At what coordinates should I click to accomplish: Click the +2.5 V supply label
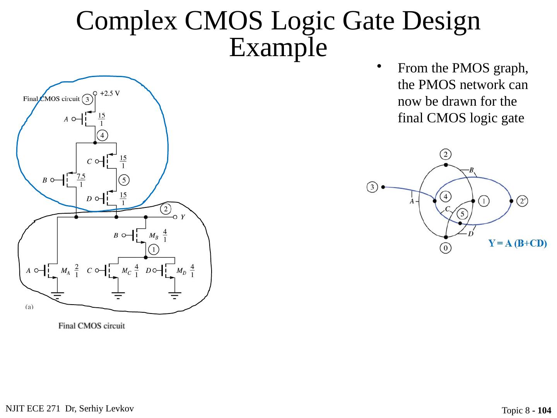point(110,93)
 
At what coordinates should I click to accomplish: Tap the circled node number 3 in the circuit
point(87,100)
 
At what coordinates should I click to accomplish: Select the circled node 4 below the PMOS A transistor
point(102,135)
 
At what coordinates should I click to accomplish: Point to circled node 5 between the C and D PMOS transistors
point(123,180)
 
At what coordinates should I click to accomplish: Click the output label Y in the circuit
point(183,217)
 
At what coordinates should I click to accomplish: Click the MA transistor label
point(65,271)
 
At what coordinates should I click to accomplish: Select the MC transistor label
point(126,271)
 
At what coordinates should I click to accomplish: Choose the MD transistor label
point(181,271)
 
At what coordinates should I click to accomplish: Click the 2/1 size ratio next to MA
point(77,271)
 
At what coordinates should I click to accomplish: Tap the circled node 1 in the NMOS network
point(154,250)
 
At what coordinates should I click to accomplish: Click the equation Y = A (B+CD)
point(517,243)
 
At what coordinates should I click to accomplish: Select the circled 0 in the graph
point(445,248)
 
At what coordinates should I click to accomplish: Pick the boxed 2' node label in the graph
point(523,201)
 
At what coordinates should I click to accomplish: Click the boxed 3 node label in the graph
point(372,187)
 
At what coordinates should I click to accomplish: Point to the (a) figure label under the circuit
point(29,307)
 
